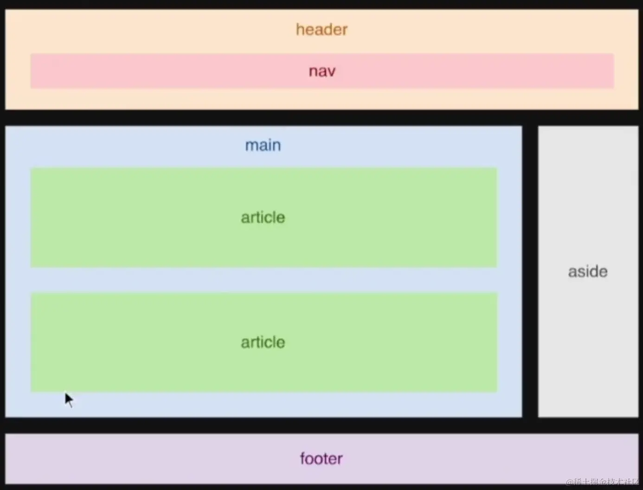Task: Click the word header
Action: pos(321,30)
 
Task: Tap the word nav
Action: pos(322,71)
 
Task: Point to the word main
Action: pos(263,145)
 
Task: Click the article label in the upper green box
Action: pos(263,218)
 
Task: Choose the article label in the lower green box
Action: pos(263,342)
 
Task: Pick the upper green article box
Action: pos(139,218)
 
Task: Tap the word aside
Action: pos(588,271)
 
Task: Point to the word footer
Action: pos(321,459)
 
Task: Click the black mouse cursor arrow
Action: pos(69,400)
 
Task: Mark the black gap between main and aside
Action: pos(530,271)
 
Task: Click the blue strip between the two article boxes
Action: pos(264,280)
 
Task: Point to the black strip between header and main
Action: pos(321,117)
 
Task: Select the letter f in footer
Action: pos(302,458)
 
